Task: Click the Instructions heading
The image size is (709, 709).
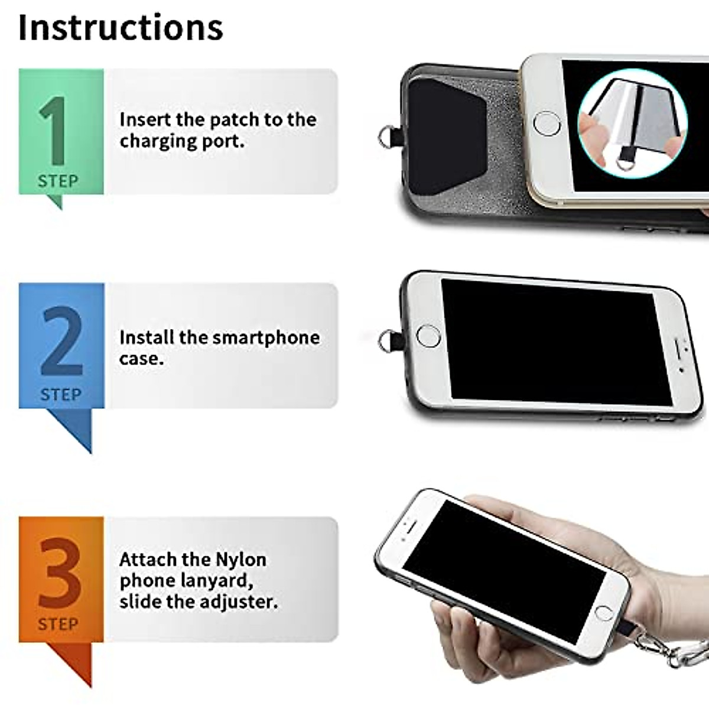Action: tap(121, 27)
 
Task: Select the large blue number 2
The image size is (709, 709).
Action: tap(61, 342)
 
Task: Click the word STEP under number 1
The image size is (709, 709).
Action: tap(58, 181)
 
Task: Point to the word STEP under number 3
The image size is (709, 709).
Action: tap(58, 624)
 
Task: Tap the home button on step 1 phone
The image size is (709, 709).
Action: tap(546, 123)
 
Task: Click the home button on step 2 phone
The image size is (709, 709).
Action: tap(428, 336)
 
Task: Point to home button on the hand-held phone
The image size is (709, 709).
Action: tap(603, 612)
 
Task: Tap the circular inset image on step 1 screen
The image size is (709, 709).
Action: tap(632, 123)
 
